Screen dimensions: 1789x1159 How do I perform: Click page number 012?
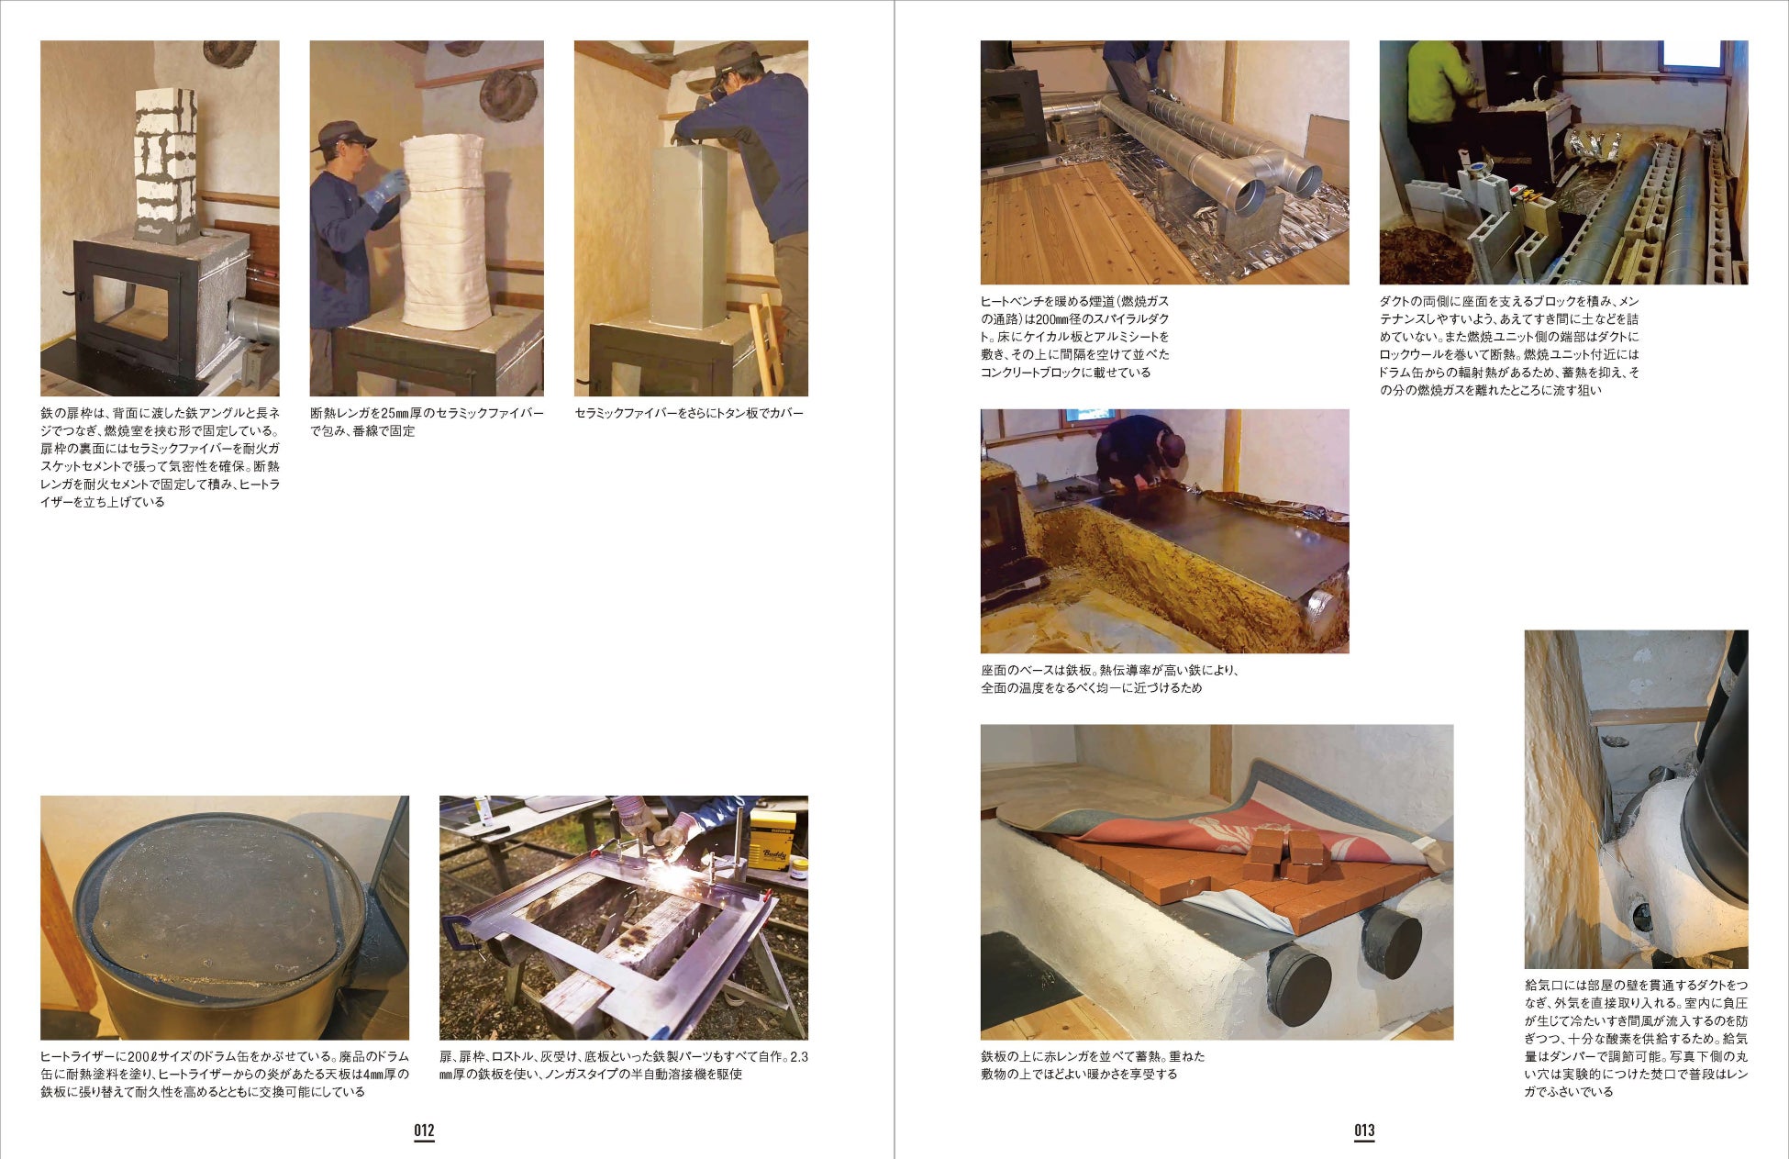click(424, 1131)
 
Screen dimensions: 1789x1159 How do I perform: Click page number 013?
click(1364, 1131)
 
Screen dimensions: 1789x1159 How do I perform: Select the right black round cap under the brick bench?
click(1392, 942)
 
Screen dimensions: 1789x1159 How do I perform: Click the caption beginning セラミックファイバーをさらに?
click(689, 413)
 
